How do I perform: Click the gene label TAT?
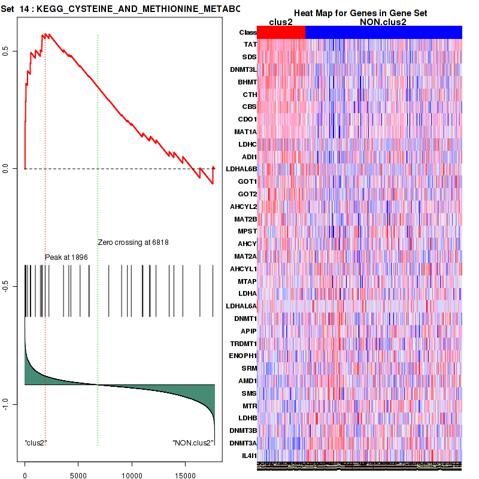pyautogui.click(x=251, y=44)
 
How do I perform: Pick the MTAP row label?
pyautogui.click(x=247, y=281)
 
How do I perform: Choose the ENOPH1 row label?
pyautogui.click(x=243, y=356)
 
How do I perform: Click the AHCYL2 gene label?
pyautogui.click(x=243, y=207)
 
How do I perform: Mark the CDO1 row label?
pyautogui.click(x=247, y=119)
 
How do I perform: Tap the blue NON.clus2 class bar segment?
pyautogui.click(x=383, y=32)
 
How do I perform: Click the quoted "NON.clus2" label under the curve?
pyautogui.click(x=193, y=443)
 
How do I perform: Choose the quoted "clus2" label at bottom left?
pyautogui.click(x=36, y=443)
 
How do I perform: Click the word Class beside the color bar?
pyautogui.click(x=247, y=32)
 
